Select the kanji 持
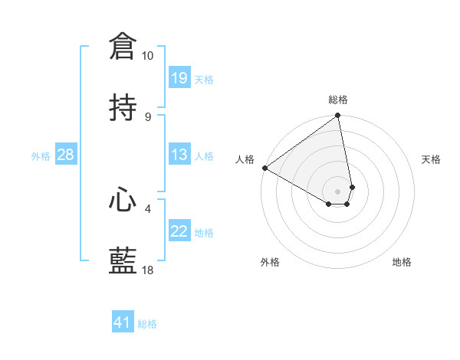tap(123, 107)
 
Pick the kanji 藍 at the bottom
tap(123, 261)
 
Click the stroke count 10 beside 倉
tap(147, 56)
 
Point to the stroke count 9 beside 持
tap(148, 116)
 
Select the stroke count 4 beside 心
tap(148, 208)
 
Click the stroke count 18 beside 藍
tap(147, 270)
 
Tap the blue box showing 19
tap(179, 77)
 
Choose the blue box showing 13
tap(179, 155)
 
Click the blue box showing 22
tap(179, 231)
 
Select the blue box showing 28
tap(66, 155)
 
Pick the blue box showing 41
tap(123, 322)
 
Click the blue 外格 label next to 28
tap(41, 155)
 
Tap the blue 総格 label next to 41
tap(147, 324)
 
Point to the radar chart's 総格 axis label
tap(338, 100)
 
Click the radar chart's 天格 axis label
tap(432, 159)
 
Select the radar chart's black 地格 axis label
tap(402, 262)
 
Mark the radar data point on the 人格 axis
tap(264, 168)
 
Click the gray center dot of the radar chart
tap(338, 191)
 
